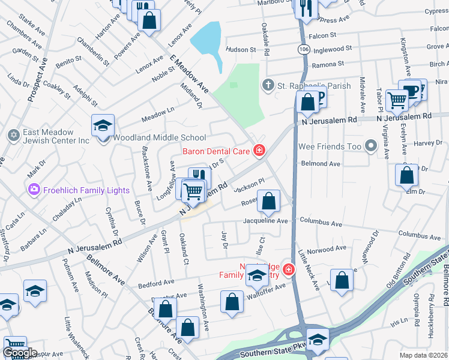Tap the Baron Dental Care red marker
(259, 150)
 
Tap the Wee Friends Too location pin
(372, 145)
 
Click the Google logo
(19, 353)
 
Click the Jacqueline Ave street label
(265, 221)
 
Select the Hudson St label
(241, 50)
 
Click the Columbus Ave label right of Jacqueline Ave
(321, 223)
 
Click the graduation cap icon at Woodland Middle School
(103, 125)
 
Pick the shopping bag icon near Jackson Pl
(269, 201)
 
